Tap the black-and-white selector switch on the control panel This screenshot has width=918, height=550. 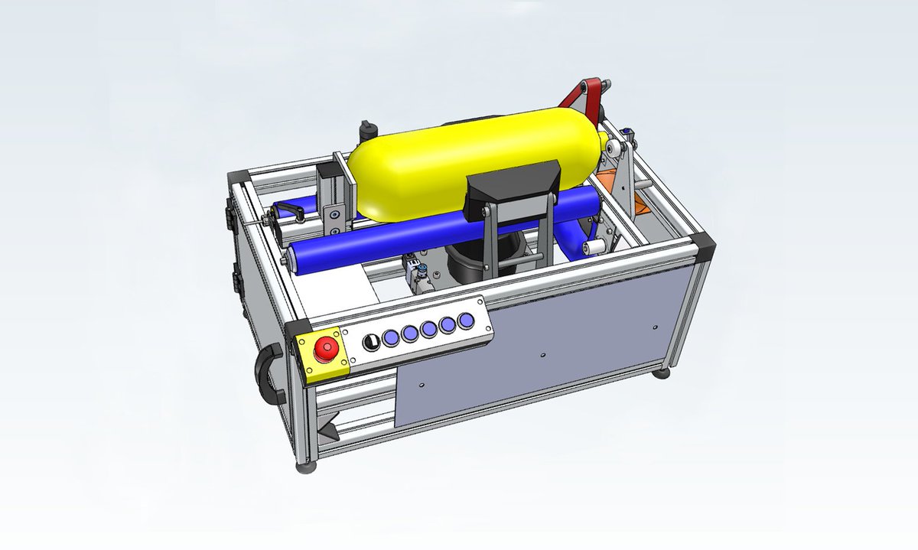click(369, 342)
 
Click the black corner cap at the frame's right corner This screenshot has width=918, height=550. click(704, 246)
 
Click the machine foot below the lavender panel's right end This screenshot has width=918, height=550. click(659, 373)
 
